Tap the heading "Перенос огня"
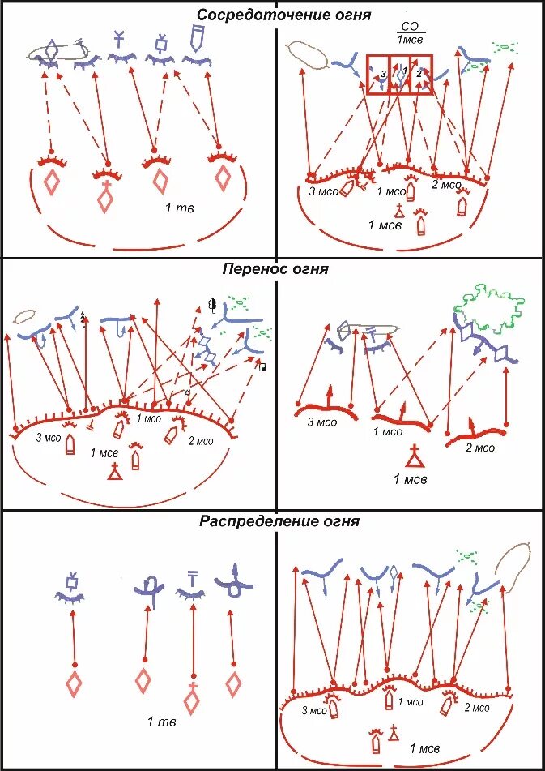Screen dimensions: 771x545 tap(275, 269)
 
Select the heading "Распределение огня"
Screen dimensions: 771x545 tap(279, 521)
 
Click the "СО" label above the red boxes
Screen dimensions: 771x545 tap(411, 27)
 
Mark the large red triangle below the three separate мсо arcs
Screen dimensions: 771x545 tap(414, 459)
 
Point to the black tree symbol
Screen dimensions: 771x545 tap(212, 305)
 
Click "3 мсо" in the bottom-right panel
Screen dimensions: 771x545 tap(315, 709)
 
